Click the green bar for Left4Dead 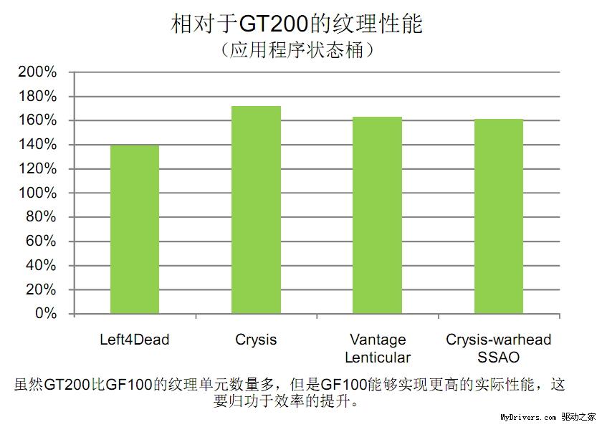pyautogui.click(x=134, y=229)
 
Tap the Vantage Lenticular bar pyautogui.click(x=377, y=215)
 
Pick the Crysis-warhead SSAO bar pyautogui.click(x=498, y=216)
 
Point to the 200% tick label pyautogui.click(x=37, y=72)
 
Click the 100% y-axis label pyautogui.click(x=37, y=193)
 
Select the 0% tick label pyautogui.click(x=45, y=314)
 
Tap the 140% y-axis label pyautogui.click(x=37, y=145)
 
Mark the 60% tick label pyautogui.click(x=41, y=241)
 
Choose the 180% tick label pyautogui.click(x=37, y=97)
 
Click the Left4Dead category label pyautogui.click(x=134, y=340)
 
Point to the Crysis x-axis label pyautogui.click(x=256, y=340)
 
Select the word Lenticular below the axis pyautogui.click(x=377, y=357)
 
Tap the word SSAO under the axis pyautogui.click(x=498, y=357)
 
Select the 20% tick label pyautogui.click(x=41, y=290)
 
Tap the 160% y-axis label pyautogui.click(x=37, y=120)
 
